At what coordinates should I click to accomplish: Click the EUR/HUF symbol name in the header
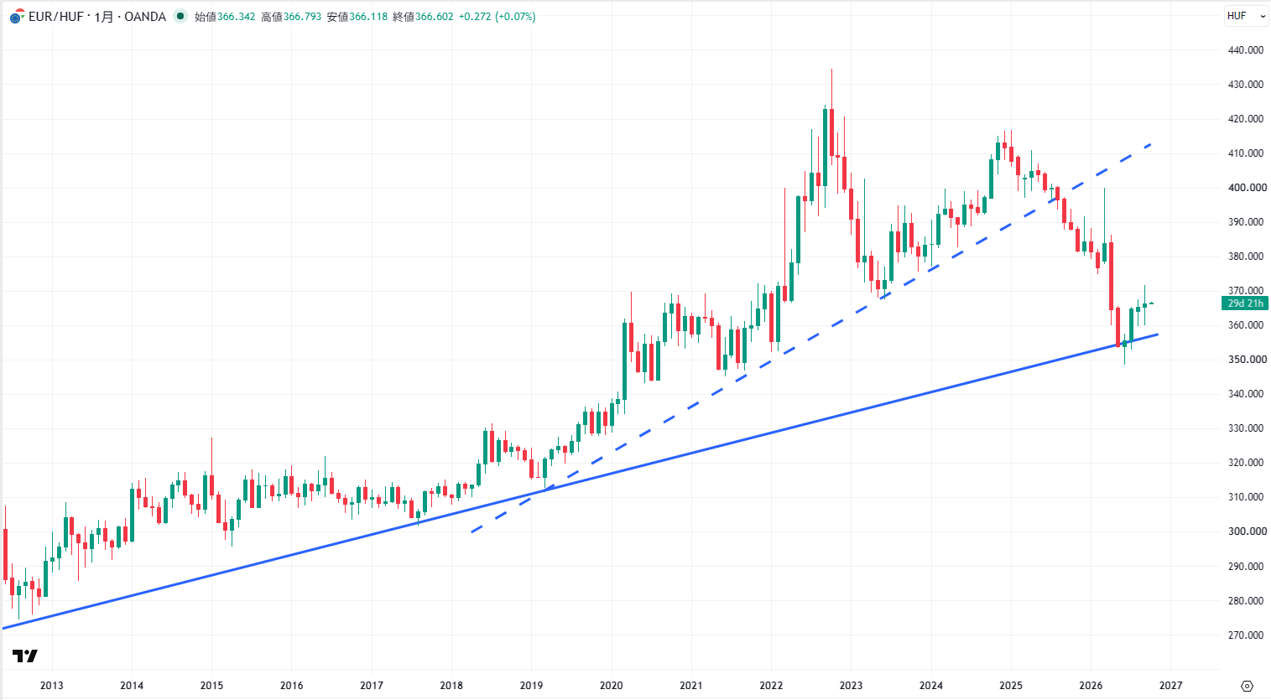(56, 17)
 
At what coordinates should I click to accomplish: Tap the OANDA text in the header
(144, 17)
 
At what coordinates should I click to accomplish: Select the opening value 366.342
(236, 17)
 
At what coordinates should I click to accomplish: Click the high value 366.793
(302, 17)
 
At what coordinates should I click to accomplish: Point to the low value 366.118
(368, 17)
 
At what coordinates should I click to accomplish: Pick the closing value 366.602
(434, 17)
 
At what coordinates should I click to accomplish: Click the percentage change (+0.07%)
(515, 17)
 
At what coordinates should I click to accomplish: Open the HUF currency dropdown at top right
(1246, 16)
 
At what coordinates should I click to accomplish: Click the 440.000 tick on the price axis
(1246, 49)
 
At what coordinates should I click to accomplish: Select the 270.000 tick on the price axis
(1246, 635)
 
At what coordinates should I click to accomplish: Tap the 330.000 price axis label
(1246, 428)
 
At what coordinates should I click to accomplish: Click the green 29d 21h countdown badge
(1244, 303)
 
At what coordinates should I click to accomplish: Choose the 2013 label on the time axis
(52, 685)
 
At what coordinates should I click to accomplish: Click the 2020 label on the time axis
(611, 685)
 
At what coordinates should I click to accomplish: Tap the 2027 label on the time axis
(1170, 685)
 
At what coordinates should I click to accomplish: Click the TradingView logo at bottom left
(25, 656)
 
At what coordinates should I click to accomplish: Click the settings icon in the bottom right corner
(1247, 687)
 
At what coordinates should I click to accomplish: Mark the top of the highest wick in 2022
(832, 69)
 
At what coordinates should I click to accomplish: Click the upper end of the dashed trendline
(1151, 144)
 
